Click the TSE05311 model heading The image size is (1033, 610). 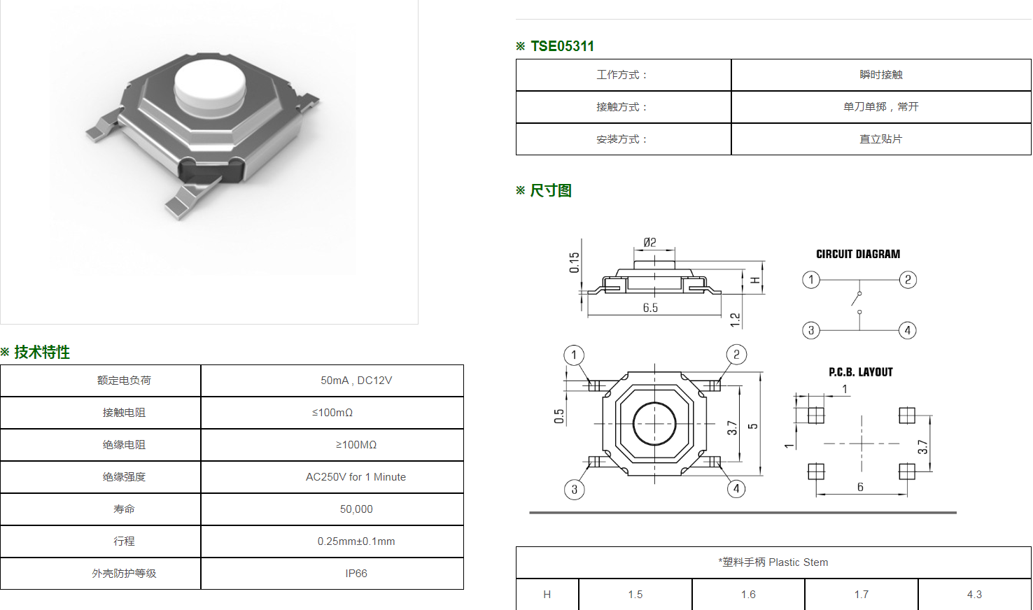pyautogui.click(x=562, y=46)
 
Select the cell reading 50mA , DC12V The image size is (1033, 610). pyautogui.click(x=356, y=381)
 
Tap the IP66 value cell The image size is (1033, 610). pyautogui.click(x=356, y=574)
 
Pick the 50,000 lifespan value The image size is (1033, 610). pyautogui.click(x=356, y=509)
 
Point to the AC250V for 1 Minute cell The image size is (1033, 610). pyautogui.click(x=356, y=477)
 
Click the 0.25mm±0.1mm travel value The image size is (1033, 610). pyautogui.click(x=356, y=541)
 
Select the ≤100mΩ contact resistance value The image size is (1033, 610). pyautogui.click(x=332, y=413)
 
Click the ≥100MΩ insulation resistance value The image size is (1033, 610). pyautogui.click(x=356, y=445)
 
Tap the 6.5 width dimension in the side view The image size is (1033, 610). pyautogui.click(x=650, y=308)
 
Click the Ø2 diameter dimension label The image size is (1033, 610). pyautogui.click(x=649, y=242)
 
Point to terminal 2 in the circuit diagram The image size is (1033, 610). pyautogui.click(x=908, y=279)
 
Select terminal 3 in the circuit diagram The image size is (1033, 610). pyautogui.click(x=811, y=330)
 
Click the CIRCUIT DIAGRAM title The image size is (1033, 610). pyautogui.click(x=858, y=254)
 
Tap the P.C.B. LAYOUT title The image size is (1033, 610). pyautogui.click(x=861, y=372)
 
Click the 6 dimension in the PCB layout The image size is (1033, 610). pyautogui.click(x=860, y=487)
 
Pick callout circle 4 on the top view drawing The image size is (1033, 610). pyautogui.click(x=736, y=489)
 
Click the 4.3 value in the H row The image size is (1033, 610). pyautogui.click(x=974, y=595)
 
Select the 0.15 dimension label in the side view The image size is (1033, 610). pyautogui.click(x=574, y=262)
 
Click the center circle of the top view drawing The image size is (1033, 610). pyautogui.click(x=654, y=424)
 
